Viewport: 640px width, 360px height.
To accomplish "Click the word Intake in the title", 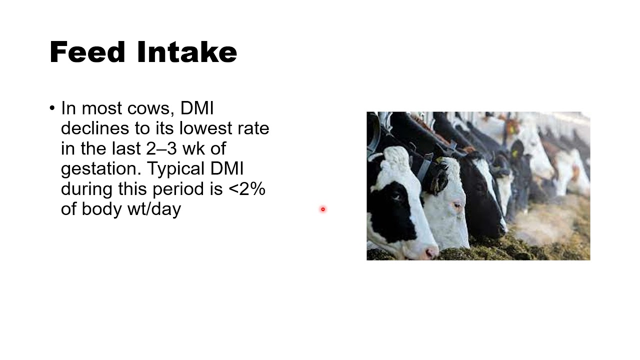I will (186, 52).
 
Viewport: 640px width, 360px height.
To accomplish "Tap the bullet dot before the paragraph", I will (52, 108).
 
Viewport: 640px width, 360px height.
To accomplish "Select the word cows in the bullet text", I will (150, 108).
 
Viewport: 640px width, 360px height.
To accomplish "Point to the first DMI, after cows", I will (197, 108).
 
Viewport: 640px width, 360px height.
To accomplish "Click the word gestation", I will (101, 169).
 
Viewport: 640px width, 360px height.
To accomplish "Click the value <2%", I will (247, 189).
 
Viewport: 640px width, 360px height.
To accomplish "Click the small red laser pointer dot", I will (323, 209).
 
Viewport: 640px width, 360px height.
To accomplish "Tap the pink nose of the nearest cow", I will (430, 252).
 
